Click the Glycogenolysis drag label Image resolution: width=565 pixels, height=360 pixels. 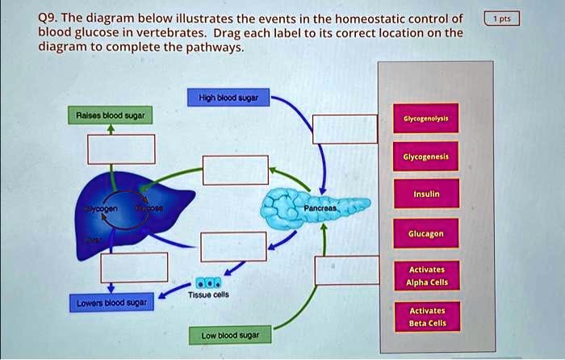coord(425,118)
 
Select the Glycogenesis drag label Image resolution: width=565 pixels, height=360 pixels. coord(425,157)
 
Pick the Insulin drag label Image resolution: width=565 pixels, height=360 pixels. coord(425,195)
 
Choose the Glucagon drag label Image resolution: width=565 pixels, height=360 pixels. coord(425,233)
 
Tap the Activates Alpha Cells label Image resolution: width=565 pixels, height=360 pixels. coord(425,275)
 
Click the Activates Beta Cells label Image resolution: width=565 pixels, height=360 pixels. coord(425,316)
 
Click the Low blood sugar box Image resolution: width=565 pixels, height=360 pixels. coord(230,334)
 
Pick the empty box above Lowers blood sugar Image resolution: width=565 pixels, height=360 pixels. coord(134,266)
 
